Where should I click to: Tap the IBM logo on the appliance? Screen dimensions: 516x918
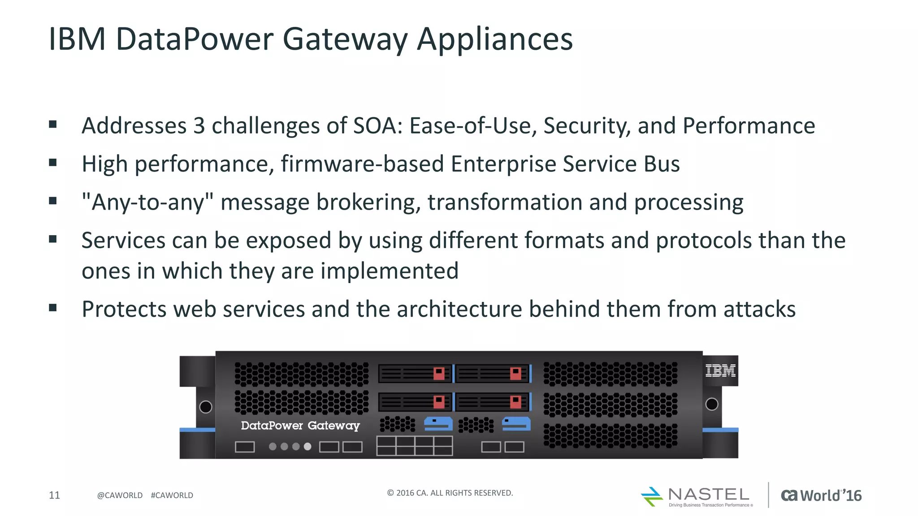click(720, 370)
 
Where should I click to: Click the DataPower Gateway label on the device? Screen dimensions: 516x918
click(300, 425)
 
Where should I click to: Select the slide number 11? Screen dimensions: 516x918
click(54, 495)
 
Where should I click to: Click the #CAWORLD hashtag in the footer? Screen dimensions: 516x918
click(172, 495)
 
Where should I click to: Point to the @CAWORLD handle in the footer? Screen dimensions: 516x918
click(120, 495)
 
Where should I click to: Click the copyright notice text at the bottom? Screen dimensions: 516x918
click(450, 493)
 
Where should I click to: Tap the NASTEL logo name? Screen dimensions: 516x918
click(708, 494)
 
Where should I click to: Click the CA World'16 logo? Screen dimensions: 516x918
click(821, 495)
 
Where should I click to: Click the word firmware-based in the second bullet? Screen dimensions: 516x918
click(362, 164)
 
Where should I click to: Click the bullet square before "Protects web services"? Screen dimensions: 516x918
click(53, 308)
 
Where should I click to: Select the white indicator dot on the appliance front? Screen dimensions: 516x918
click(307, 447)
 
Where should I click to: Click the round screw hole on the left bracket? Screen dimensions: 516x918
click(205, 407)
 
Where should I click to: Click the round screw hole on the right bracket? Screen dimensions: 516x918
click(711, 404)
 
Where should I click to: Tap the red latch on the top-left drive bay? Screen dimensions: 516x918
click(438, 373)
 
